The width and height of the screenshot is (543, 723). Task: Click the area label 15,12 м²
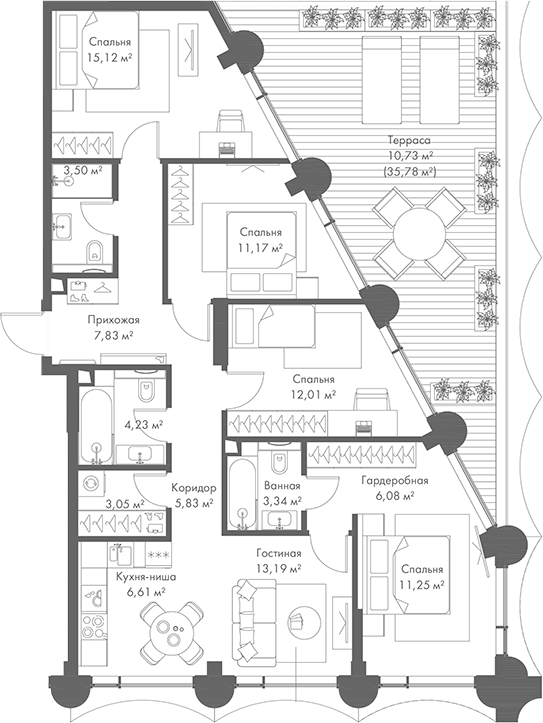[110, 58]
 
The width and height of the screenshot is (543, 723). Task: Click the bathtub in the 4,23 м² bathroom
[96, 420]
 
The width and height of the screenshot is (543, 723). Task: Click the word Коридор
[191, 489]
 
